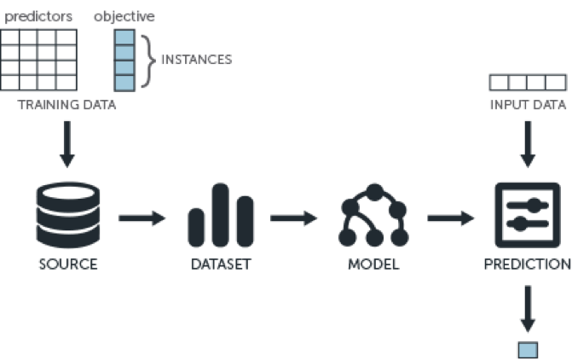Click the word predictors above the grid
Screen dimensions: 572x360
38,17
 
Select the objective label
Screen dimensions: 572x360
124,17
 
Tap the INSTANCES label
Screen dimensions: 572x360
197,60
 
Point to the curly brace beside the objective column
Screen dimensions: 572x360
148,61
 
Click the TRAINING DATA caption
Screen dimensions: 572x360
66,105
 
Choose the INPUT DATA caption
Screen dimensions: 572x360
528,105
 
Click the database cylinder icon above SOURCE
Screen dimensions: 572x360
68,215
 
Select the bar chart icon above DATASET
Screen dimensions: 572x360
221,215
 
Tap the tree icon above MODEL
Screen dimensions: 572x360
374,215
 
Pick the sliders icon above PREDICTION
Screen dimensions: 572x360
528,215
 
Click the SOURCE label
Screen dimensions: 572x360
68,264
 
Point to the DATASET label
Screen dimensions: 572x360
221,264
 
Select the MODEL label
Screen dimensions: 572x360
373,264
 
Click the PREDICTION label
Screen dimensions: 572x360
528,264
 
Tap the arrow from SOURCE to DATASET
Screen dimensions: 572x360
142,218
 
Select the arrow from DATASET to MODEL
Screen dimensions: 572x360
293,218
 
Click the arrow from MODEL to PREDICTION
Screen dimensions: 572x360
451,218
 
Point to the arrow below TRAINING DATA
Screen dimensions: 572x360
67,144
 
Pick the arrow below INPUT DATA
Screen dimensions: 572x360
528,144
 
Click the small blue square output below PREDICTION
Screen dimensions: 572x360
528,350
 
